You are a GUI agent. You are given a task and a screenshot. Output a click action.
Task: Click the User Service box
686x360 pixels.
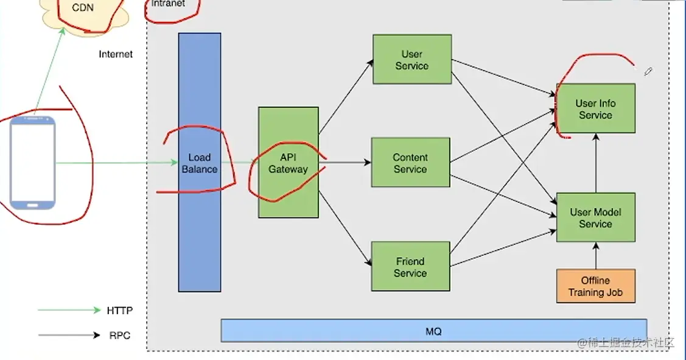[412, 59]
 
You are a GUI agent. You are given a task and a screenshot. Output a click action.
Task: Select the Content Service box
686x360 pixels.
[410, 163]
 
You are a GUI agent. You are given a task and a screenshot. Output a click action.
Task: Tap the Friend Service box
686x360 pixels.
[410, 266]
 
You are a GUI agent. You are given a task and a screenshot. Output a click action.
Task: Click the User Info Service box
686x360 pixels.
[595, 108]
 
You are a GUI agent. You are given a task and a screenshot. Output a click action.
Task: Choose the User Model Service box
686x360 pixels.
[595, 217]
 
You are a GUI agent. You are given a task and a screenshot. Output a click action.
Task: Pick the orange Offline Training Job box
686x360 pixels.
[595, 286]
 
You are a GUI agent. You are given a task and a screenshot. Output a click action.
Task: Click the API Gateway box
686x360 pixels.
[288, 163]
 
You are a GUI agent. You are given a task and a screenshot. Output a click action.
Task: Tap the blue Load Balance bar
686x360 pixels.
[199, 163]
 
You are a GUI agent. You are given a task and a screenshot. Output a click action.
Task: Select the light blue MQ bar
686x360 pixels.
[433, 331]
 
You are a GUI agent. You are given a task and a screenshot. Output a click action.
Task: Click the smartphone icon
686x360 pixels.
[33, 163]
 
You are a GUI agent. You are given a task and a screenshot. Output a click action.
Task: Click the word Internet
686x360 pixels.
[116, 54]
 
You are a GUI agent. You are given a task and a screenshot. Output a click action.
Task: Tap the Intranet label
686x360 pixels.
[167, 4]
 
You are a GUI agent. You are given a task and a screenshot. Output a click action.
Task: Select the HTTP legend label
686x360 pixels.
[119, 311]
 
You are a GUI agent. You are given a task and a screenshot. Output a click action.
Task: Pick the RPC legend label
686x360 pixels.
[119, 335]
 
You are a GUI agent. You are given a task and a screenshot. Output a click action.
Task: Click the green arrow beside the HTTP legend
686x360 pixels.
[69, 310]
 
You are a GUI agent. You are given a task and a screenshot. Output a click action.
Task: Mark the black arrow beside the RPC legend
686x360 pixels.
[69, 335]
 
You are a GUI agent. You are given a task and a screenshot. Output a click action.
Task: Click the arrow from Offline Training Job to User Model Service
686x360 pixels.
[595, 255]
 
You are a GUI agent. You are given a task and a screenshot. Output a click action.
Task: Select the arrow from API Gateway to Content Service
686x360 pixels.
[345, 163]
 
